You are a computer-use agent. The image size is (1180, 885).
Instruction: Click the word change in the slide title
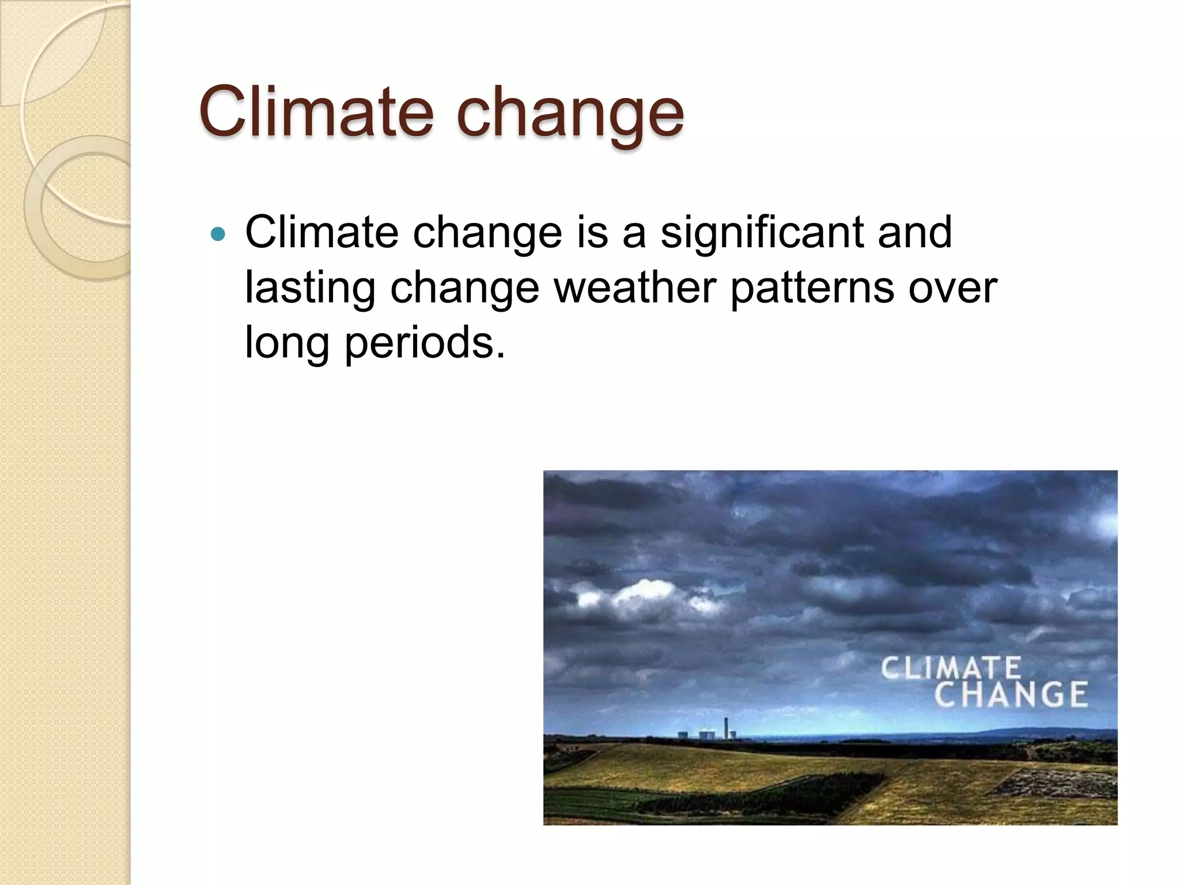570,114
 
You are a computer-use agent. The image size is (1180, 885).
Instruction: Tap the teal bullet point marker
218,234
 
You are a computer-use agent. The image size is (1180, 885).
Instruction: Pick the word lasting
310,288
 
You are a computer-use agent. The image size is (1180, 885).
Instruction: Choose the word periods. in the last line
425,343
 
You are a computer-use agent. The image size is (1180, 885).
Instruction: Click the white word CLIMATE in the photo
951,668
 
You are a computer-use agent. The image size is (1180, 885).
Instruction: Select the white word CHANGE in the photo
1011,694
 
